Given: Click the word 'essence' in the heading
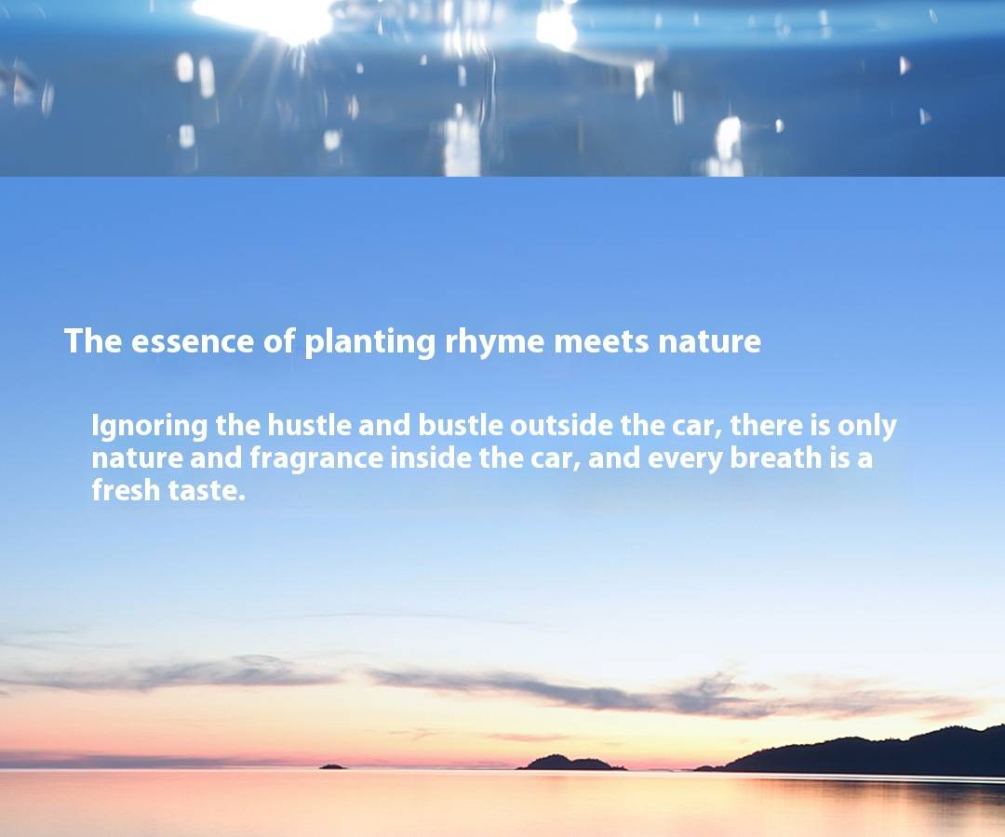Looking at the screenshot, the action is [193, 341].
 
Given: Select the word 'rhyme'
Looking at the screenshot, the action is [494, 342].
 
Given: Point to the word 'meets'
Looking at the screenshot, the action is [601, 342].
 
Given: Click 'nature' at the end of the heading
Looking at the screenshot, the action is [709, 342].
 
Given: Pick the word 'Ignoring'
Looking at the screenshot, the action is [149, 427].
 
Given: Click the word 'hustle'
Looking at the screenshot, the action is [309, 425].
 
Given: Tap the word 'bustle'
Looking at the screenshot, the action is [461, 425].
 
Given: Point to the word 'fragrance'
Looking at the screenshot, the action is [316, 459].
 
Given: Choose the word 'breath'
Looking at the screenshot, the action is [775, 458].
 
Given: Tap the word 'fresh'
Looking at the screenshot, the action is [126, 490].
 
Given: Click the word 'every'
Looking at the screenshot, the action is [685, 459].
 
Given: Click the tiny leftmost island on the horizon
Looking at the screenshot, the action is [332, 766].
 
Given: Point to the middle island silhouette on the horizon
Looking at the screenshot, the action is [570, 763].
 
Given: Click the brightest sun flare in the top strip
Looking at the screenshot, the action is [269, 16].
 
